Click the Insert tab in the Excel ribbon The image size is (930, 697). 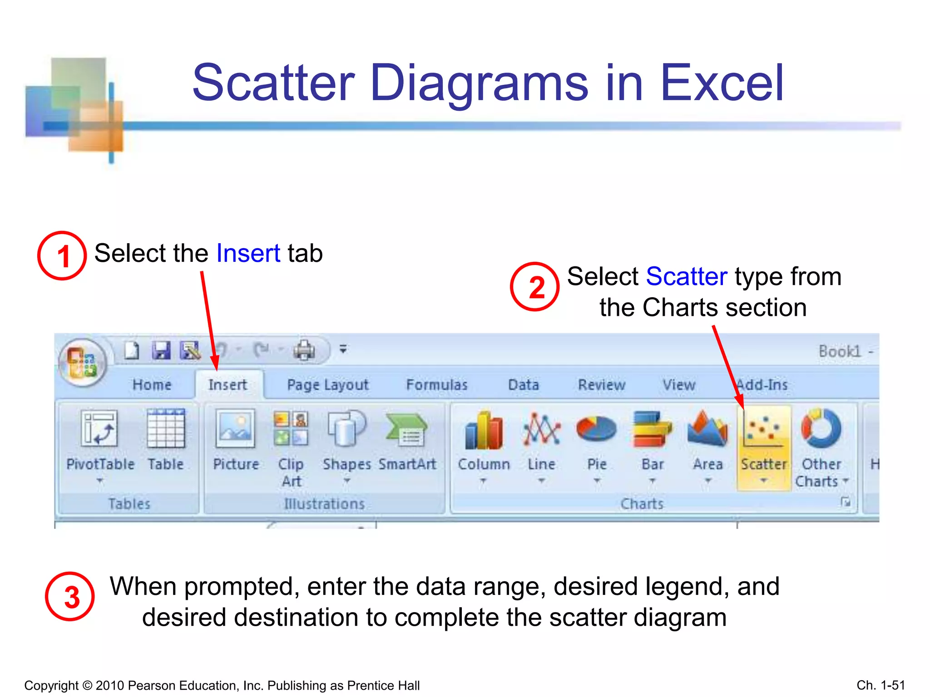click(228, 385)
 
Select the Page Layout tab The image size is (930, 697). click(327, 385)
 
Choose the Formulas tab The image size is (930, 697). click(436, 385)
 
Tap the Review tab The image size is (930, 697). click(601, 385)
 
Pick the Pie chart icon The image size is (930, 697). click(596, 429)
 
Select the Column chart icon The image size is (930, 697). click(484, 430)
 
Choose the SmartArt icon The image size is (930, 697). click(406, 429)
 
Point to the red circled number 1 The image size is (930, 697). click(62, 255)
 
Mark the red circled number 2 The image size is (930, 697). click(535, 287)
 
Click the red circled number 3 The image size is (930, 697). click(70, 596)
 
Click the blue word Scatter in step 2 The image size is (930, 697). click(686, 276)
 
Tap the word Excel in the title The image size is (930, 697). click(722, 83)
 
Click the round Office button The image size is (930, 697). click(83, 362)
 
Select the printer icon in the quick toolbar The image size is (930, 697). click(304, 350)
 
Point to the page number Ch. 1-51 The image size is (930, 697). click(881, 685)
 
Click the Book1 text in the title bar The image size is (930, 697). click(840, 351)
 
